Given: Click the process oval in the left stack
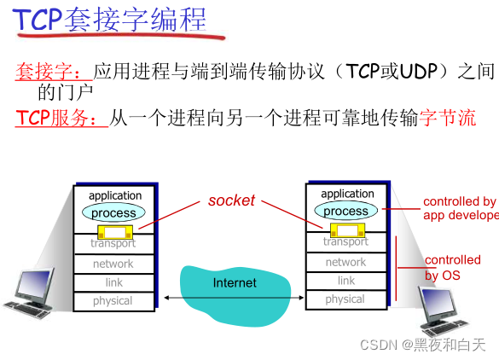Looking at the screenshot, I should [x=113, y=212].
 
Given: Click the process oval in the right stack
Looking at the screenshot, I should [x=345, y=211].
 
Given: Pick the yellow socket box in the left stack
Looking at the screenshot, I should [x=114, y=231].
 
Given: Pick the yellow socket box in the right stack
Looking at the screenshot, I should [x=345, y=229].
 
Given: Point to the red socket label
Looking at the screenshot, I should [x=231, y=200].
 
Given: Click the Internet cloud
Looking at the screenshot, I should [x=234, y=284].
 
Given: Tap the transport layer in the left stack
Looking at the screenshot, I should [x=113, y=244].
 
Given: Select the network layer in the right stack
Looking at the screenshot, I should [x=345, y=262].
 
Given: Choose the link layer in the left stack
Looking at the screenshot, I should [x=113, y=282].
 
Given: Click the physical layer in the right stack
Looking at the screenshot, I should [x=345, y=299].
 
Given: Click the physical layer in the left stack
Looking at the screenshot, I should [x=113, y=301].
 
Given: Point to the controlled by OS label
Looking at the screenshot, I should [x=453, y=268].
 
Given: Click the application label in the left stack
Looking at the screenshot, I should [x=115, y=196].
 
